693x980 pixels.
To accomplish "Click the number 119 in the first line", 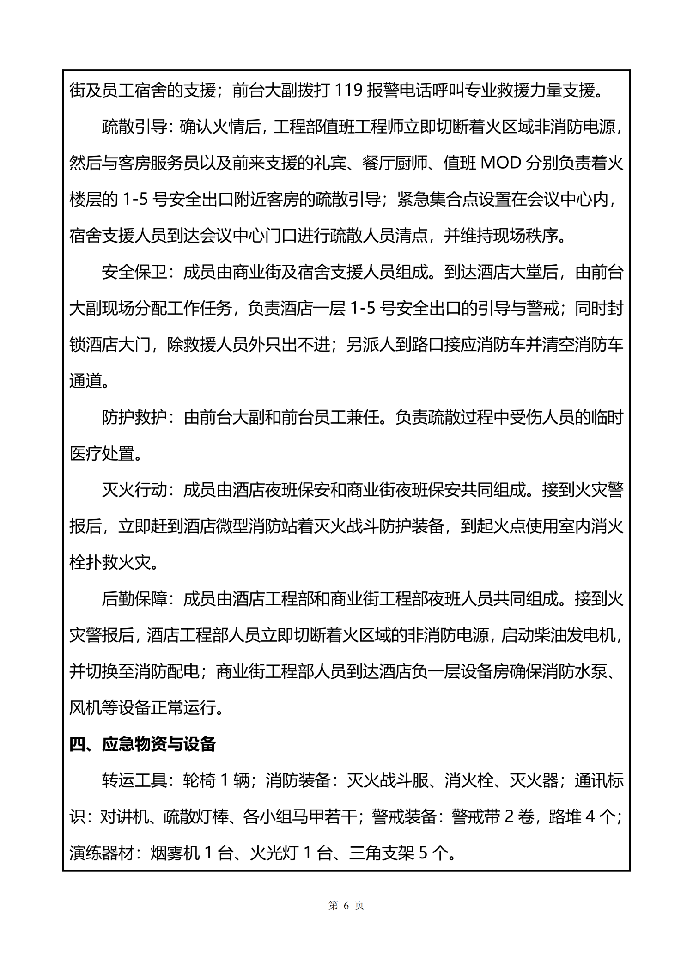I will pyautogui.click(x=347, y=91).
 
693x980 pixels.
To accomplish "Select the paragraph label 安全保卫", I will pyautogui.click(x=134, y=272).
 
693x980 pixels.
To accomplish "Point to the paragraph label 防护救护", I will pyautogui.click(x=134, y=417).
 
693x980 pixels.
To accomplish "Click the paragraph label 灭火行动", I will pyautogui.click(x=134, y=490).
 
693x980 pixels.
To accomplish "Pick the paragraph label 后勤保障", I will pyautogui.click(x=134, y=599).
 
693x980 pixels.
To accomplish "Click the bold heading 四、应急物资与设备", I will pyautogui.click(x=143, y=744).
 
